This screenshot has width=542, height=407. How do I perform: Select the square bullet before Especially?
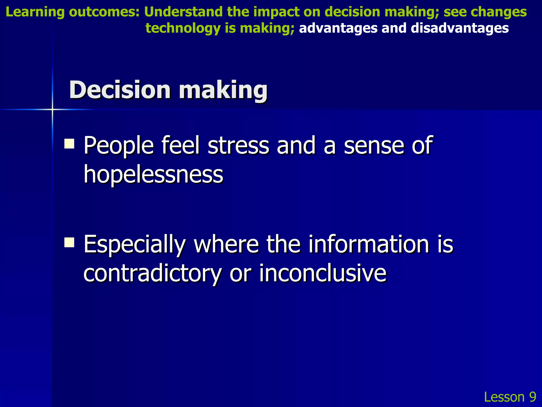[69, 242]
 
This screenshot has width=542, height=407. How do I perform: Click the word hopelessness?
[153, 175]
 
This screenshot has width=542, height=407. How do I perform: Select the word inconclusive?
[323, 273]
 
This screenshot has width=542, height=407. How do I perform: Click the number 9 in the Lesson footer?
[532, 397]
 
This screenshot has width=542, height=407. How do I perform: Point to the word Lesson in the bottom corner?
[504, 397]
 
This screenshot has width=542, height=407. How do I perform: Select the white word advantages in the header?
[338, 28]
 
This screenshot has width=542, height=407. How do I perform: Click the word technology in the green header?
[183, 28]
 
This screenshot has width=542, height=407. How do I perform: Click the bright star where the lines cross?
[52, 109]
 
